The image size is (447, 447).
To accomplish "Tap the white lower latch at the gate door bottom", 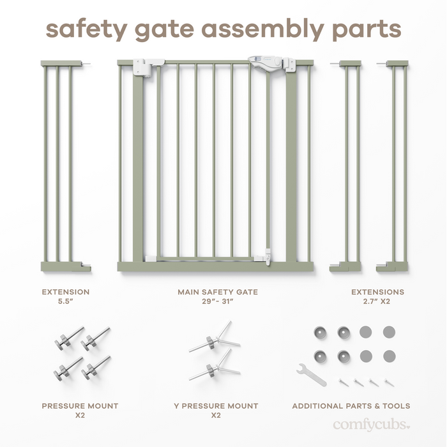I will (267, 255).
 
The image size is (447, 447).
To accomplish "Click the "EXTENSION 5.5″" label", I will (65, 297).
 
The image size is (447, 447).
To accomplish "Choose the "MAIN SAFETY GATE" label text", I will (218, 292).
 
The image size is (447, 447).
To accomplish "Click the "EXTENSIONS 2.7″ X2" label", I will (377, 297).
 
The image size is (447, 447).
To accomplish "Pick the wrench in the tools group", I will (311, 374).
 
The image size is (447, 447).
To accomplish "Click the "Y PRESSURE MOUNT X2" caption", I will (216, 411).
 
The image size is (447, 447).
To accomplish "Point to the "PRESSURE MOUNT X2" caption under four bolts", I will (80, 411).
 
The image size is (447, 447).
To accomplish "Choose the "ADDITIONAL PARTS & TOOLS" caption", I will (351, 406).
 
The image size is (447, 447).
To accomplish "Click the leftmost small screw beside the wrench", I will (344, 381).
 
